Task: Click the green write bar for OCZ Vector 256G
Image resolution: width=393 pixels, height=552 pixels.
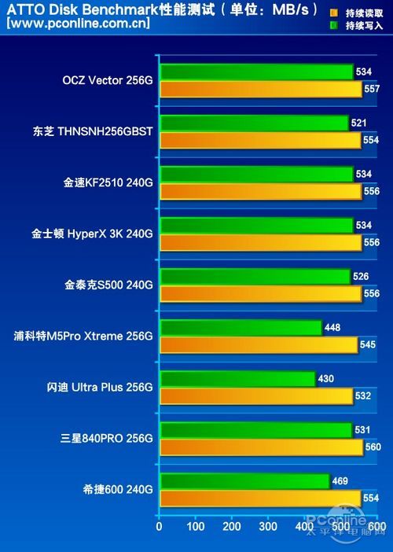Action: (255, 72)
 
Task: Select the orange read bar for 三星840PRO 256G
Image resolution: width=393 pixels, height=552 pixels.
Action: (261, 447)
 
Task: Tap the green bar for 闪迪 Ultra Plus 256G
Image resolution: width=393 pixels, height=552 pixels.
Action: (237, 379)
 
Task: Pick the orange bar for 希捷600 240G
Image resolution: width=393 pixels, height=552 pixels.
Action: (259, 498)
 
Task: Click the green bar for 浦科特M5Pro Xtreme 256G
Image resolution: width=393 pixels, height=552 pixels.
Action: (241, 327)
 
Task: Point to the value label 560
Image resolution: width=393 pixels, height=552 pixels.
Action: (373, 447)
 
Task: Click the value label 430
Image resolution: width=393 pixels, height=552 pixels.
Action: (325, 379)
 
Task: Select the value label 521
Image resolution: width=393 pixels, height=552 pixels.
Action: (358, 123)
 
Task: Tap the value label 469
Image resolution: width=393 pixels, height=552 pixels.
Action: (340, 480)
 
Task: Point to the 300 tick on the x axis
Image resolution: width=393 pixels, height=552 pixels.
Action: (268, 526)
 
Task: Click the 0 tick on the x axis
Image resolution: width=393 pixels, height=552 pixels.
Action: (160, 526)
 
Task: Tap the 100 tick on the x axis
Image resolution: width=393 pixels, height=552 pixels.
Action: (196, 526)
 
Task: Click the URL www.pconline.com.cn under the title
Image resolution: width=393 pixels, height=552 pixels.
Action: (77, 24)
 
